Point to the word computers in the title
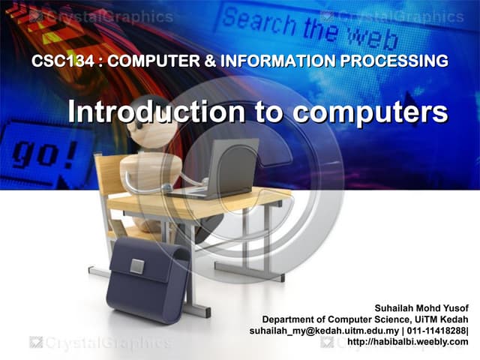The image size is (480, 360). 368,112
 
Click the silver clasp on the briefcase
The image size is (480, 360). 137,265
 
